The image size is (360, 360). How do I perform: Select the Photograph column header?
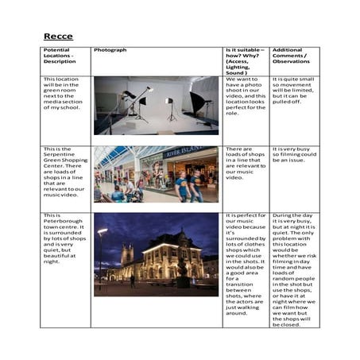click(110, 50)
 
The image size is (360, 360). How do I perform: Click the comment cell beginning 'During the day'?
click(294, 270)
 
